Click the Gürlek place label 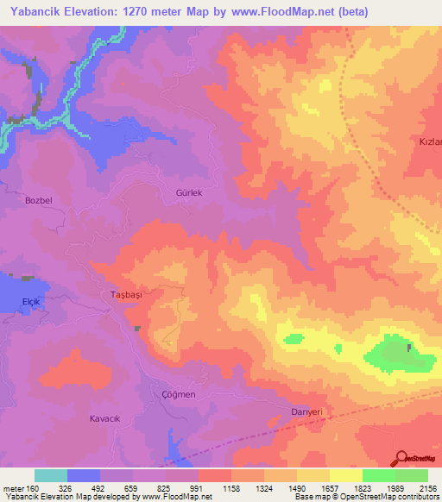(x=188, y=194)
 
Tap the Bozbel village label (x=39, y=200)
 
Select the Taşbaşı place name (x=126, y=293)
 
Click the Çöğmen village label (x=179, y=394)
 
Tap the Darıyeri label (x=306, y=413)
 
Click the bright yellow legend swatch (x=345, y=475)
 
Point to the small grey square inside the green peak (x=409, y=348)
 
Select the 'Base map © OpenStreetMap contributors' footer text (x=364, y=498)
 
